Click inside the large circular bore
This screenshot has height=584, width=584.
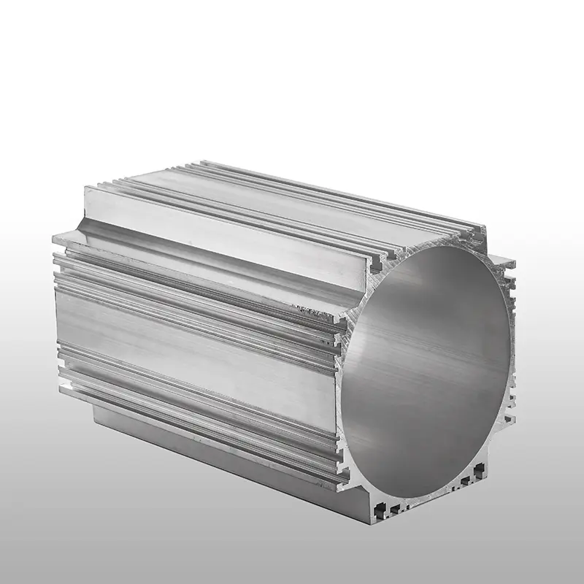(431, 365)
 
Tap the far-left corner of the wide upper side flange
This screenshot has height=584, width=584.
(55, 239)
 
